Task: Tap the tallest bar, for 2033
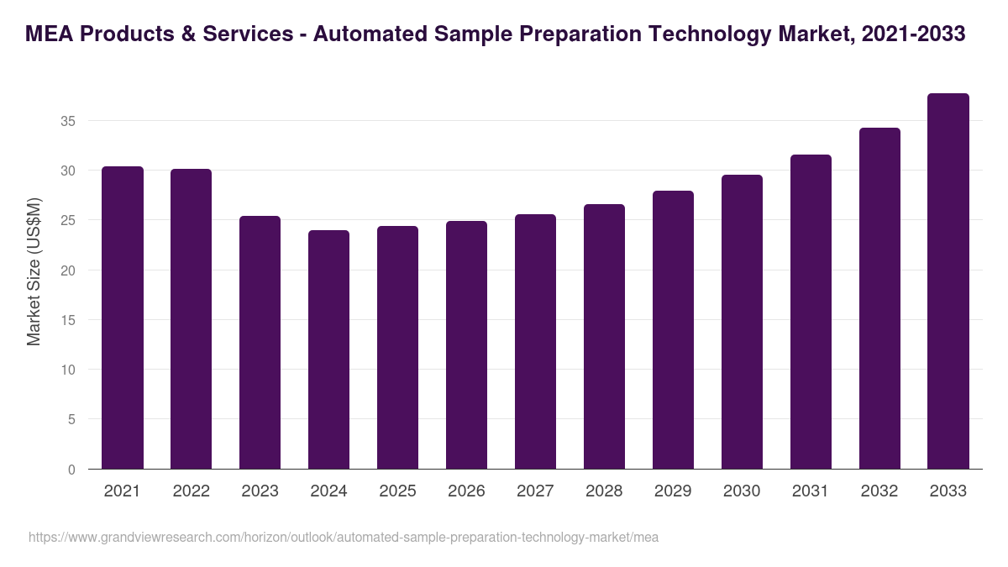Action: click(948, 281)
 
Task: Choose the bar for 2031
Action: click(811, 312)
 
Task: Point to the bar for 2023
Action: click(260, 343)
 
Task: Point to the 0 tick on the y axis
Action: click(71, 470)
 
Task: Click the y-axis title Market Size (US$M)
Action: click(34, 271)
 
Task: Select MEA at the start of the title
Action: click(49, 34)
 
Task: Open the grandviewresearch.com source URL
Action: click(343, 537)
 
